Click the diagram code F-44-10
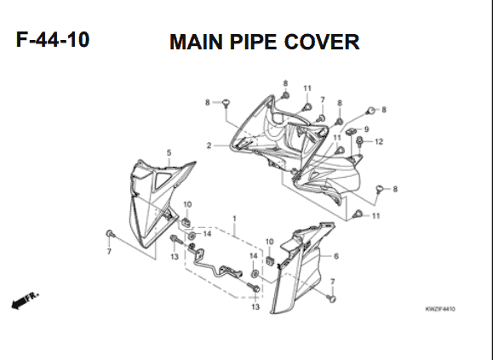tap(53, 40)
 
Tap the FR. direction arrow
tap(26, 300)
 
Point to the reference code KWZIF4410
tap(440, 309)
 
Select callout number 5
tap(169, 152)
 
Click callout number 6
tap(336, 256)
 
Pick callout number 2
tap(209, 146)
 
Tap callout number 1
tap(234, 218)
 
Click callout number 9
tap(366, 129)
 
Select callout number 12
tap(379, 141)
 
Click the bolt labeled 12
tap(359, 142)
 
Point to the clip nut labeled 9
tap(351, 131)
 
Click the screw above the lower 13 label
tap(254, 288)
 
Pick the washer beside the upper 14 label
tap(192, 235)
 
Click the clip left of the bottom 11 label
tap(357, 214)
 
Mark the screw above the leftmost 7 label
tap(110, 234)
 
